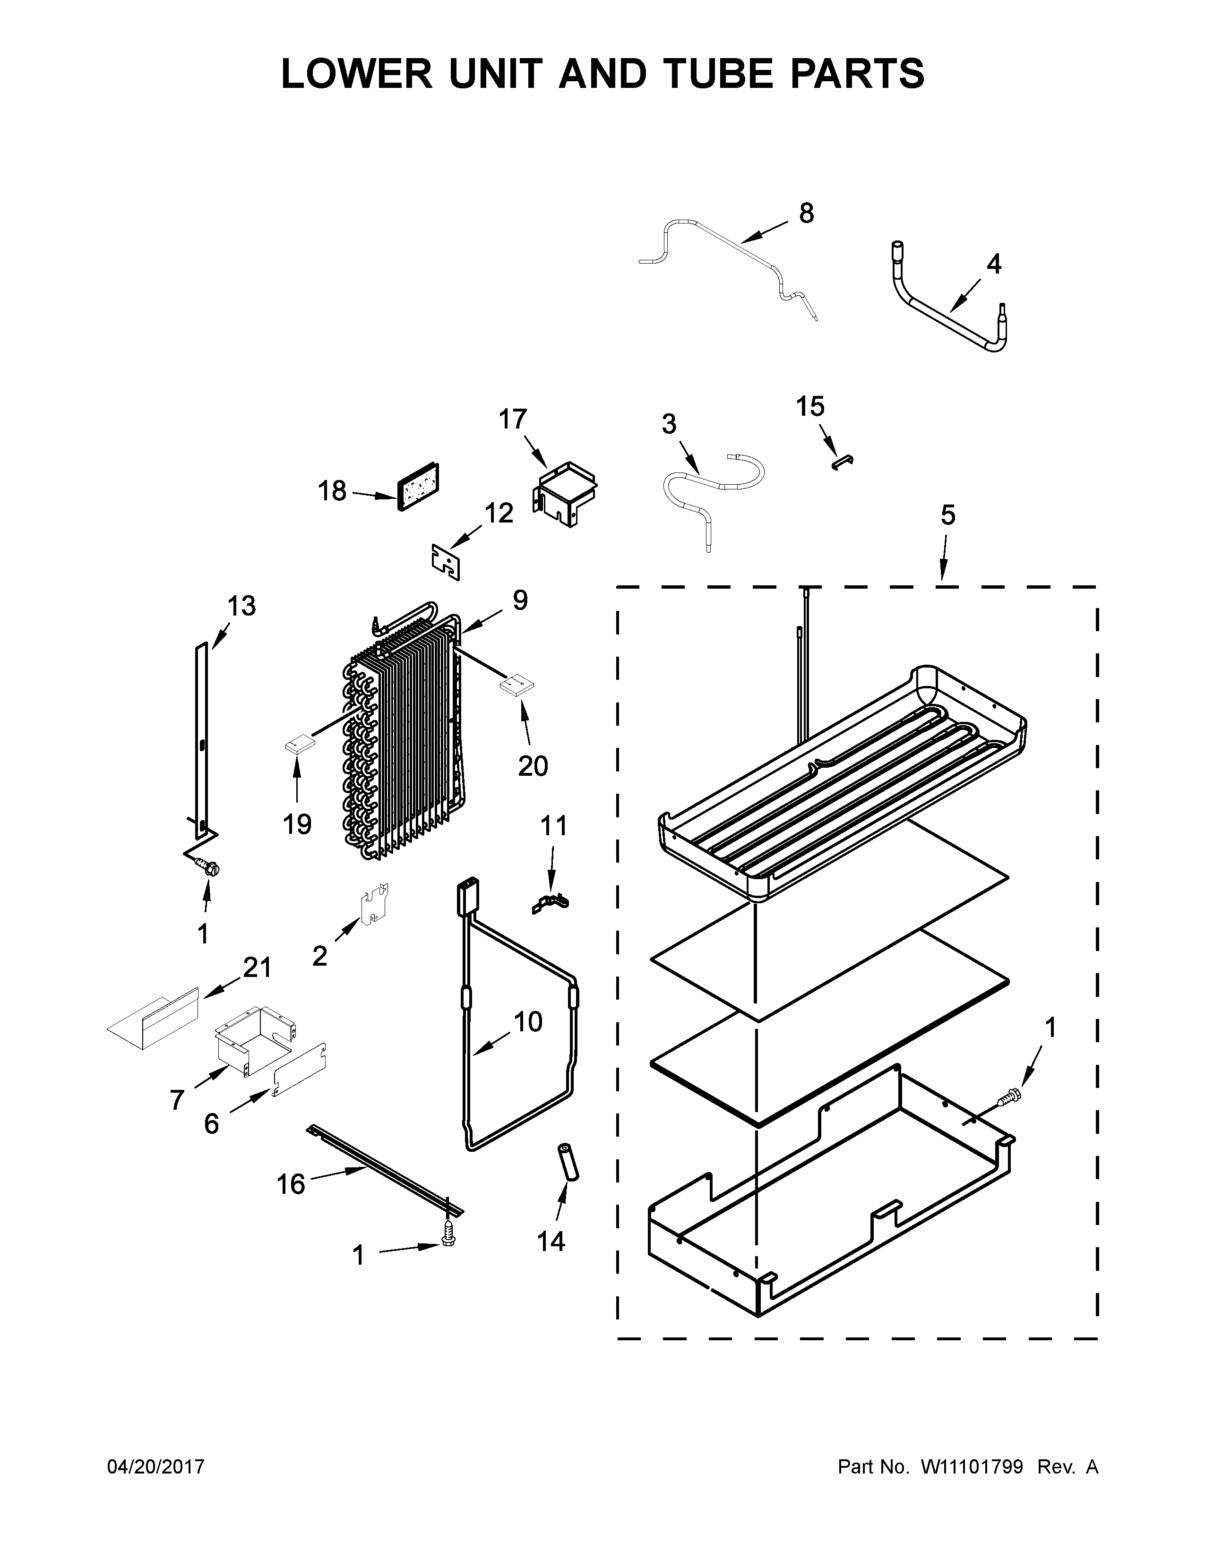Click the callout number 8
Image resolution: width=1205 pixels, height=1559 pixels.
[x=806, y=213]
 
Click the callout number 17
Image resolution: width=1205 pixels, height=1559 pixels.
[x=513, y=419]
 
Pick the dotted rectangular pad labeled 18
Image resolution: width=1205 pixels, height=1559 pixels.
[x=418, y=487]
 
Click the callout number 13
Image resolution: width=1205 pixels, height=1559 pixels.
[x=241, y=606]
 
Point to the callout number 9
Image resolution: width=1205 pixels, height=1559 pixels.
[x=520, y=600]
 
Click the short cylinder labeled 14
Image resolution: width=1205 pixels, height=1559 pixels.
[x=568, y=1162]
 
